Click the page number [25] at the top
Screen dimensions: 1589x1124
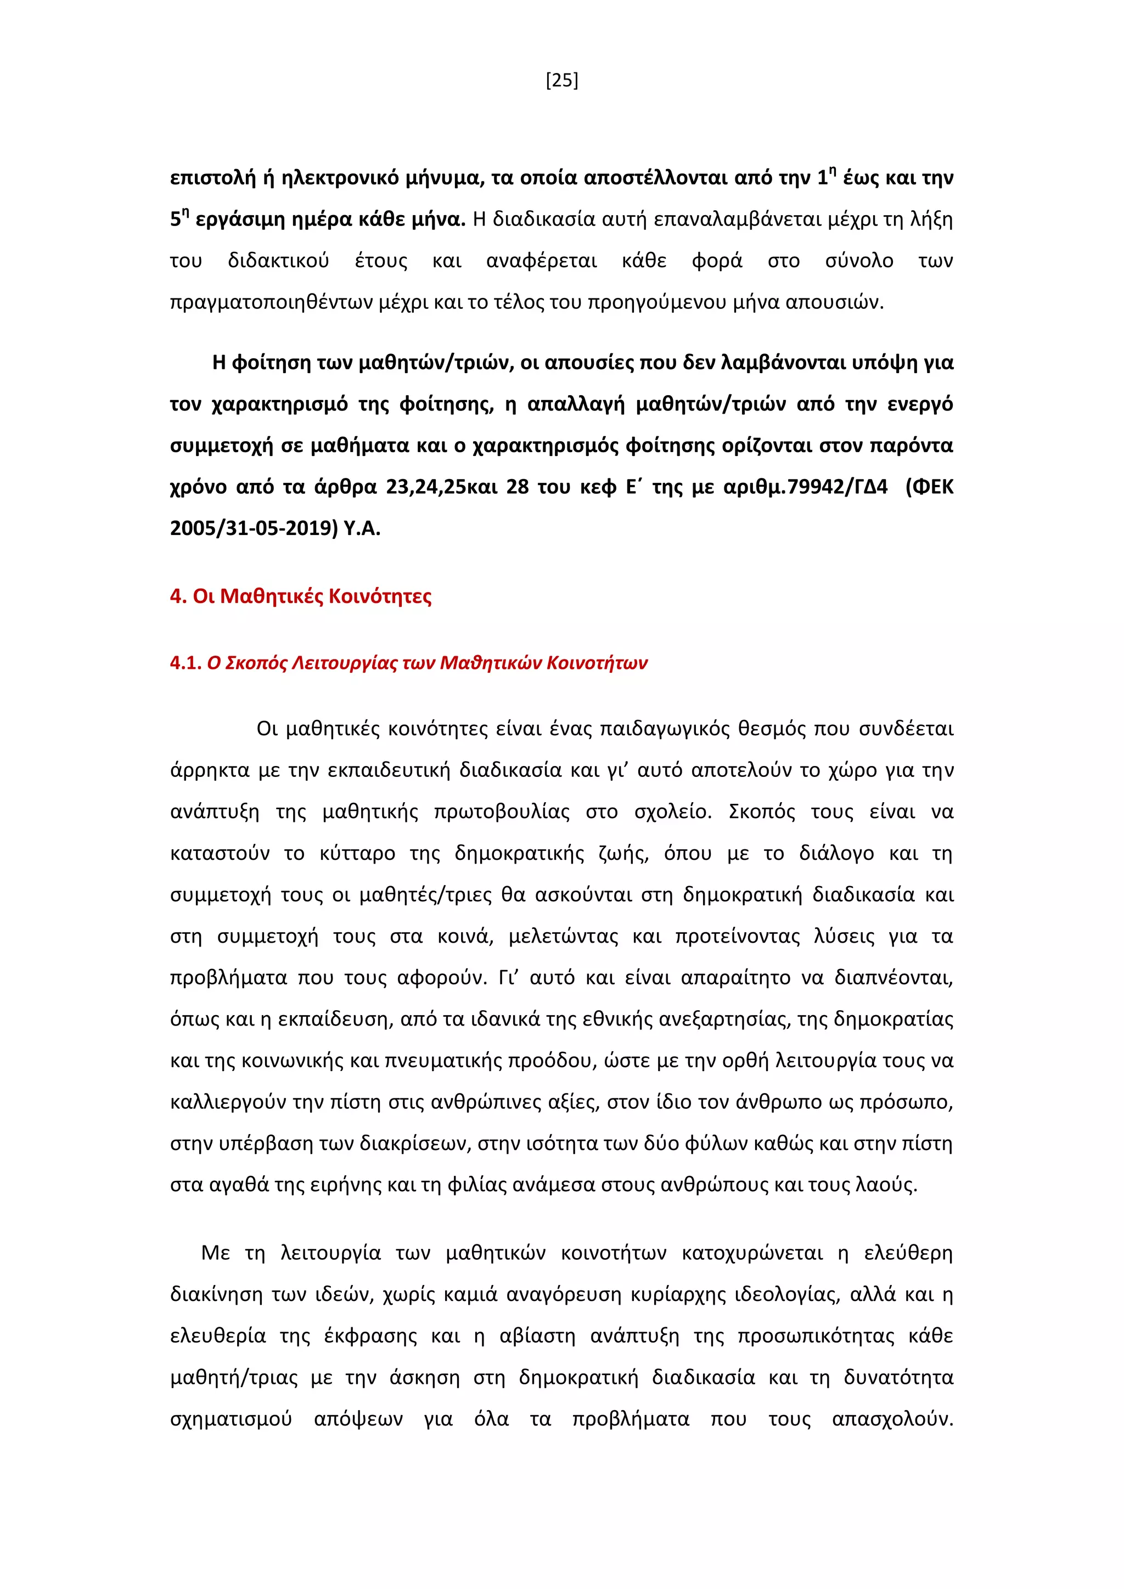coord(561,81)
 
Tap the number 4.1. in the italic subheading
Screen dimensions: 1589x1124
coord(186,663)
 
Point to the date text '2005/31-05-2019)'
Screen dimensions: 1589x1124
coord(254,529)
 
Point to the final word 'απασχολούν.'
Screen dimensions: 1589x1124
coord(892,1419)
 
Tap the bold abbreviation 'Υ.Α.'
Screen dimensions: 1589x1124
coord(362,529)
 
